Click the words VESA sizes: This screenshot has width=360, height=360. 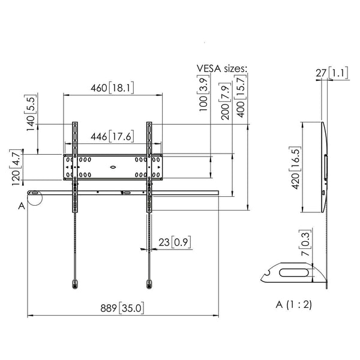(x=221, y=69)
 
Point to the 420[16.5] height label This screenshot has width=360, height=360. (x=294, y=167)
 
